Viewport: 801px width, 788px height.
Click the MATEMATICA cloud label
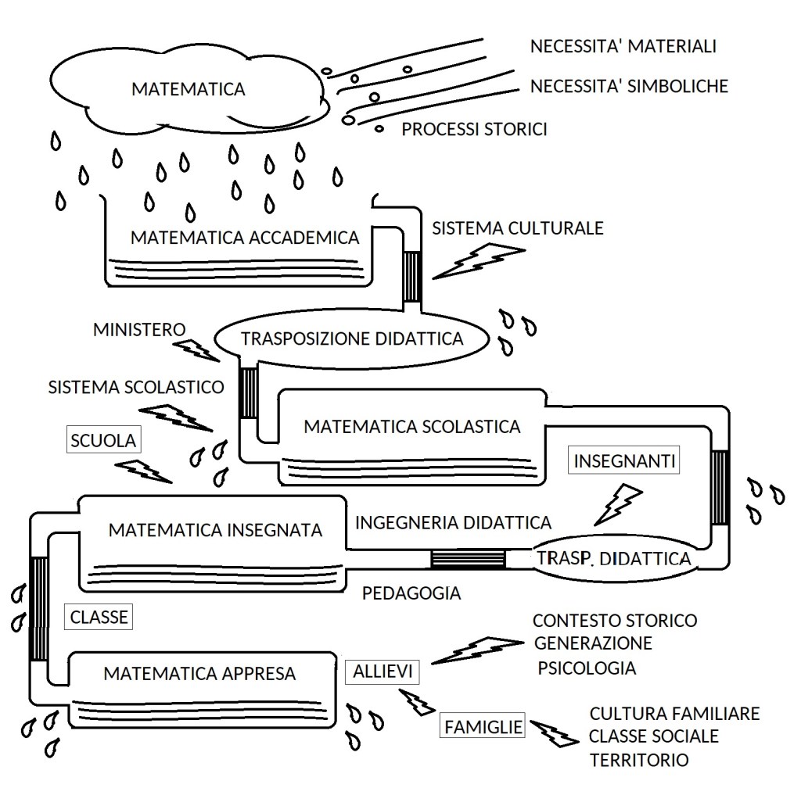[188, 89]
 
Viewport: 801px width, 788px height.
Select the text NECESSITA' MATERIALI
[623, 47]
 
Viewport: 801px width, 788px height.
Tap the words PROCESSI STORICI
[474, 129]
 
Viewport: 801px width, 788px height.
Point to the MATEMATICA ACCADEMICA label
[245, 238]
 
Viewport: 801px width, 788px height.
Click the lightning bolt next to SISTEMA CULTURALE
[478, 260]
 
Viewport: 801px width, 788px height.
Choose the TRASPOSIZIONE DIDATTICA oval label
[352, 338]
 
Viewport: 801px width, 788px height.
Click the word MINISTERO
[139, 329]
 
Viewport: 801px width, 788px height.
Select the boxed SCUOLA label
[103, 440]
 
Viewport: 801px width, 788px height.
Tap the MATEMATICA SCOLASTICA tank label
[412, 427]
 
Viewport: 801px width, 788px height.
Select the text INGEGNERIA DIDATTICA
[454, 521]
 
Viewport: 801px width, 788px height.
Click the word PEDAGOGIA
[411, 593]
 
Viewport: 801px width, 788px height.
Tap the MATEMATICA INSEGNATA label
[216, 530]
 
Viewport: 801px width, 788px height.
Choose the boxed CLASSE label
[99, 617]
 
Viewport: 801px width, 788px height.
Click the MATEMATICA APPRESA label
[199, 672]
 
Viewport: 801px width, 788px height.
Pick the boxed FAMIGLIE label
[483, 727]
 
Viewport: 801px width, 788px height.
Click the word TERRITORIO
[641, 759]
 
